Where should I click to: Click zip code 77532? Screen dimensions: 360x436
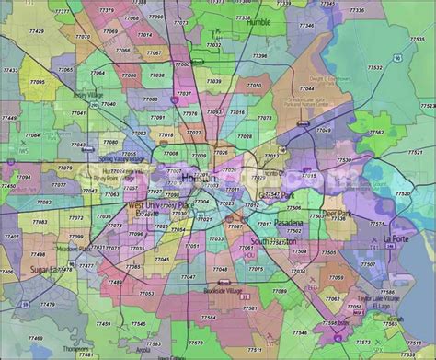tap(375, 67)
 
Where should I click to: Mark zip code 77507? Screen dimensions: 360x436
tap(367, 264)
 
